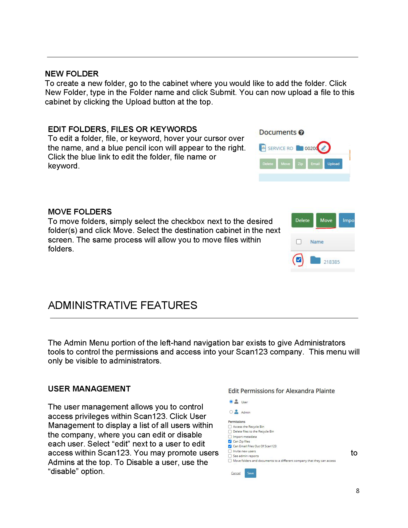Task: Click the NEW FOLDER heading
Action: click(71, 74)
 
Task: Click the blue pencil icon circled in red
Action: click(323, 148)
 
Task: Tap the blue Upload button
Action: click(333, 164)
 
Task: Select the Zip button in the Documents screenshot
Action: click(300, 164)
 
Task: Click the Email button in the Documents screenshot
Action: click(315, 164)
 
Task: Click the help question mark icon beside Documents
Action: click(301, 132)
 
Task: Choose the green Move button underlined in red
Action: click(326, 220)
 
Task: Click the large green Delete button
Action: click(302, 220)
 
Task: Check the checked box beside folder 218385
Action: click(298, 260)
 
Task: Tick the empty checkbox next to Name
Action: click(298, 242)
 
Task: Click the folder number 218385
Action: click(331, 262)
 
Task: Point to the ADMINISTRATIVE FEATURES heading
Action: click(122, 305)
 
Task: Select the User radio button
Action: click(231, 402)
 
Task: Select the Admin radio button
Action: click(231, 412)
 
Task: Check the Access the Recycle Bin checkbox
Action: click(230, 427)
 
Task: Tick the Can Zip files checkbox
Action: click(230, 441)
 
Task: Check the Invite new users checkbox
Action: click(230, 451)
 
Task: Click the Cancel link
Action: click(236, 473)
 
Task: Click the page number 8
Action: click(357, 491)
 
